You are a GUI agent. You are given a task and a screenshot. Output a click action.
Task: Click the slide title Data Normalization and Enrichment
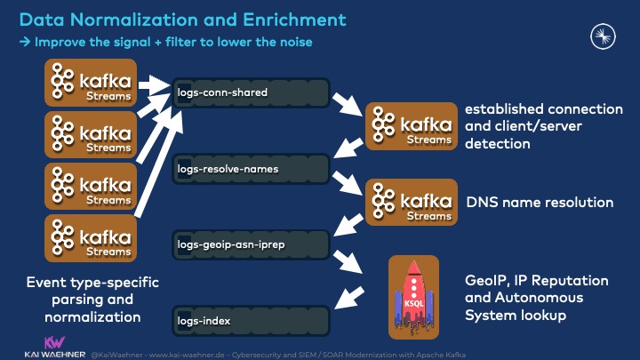183,18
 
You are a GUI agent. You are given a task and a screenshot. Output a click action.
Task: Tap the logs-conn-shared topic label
222,92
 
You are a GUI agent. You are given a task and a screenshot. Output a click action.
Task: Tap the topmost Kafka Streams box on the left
92,84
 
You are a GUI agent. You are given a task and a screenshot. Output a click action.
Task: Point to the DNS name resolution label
540,203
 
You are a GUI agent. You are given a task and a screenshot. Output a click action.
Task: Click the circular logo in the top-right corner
604,36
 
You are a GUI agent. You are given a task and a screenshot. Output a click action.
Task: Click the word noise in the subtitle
293,42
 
